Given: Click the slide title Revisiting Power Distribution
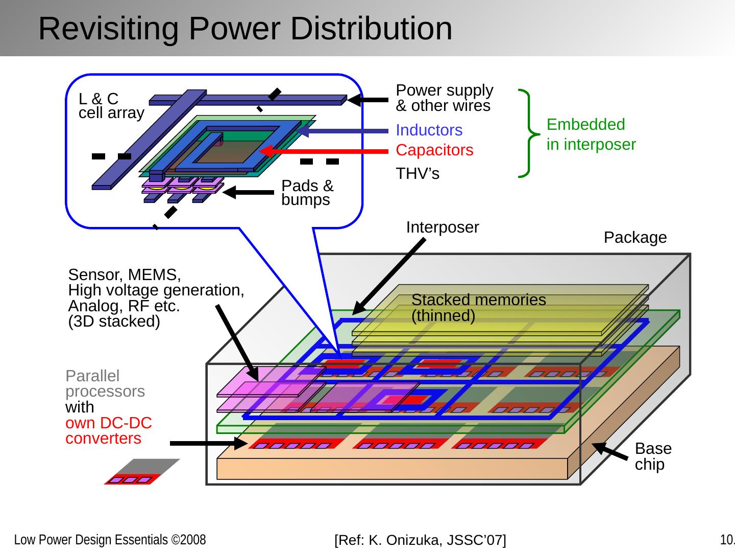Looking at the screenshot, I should click(x=245, y=28).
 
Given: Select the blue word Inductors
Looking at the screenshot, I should click(x=429, y=130).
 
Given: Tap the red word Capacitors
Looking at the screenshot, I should click(x=434, y=150).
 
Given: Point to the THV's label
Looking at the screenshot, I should click(x=418, y=174).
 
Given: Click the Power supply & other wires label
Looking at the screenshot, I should click(x=444, y=98).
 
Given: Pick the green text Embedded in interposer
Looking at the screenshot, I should click(x=591, y=134).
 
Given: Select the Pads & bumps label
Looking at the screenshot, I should click(x=307, y=193).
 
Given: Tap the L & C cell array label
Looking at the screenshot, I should click(x=111, y=106).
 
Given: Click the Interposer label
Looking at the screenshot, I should click(x=442, y=227).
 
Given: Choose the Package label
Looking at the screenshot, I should click(x=635, y=238).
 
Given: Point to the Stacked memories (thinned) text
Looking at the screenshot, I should click(x=478, y=308).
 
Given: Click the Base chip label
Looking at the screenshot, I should click(x=653, y=456).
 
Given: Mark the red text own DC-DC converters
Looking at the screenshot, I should click(x=109, y=431).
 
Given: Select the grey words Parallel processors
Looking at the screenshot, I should click(x=105, y=383).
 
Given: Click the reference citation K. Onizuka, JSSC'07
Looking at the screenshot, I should click(x=420, y=540).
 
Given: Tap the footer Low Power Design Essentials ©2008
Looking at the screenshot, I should click(x=110, y=540).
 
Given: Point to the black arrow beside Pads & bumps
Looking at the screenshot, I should click(x=249, y=193).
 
